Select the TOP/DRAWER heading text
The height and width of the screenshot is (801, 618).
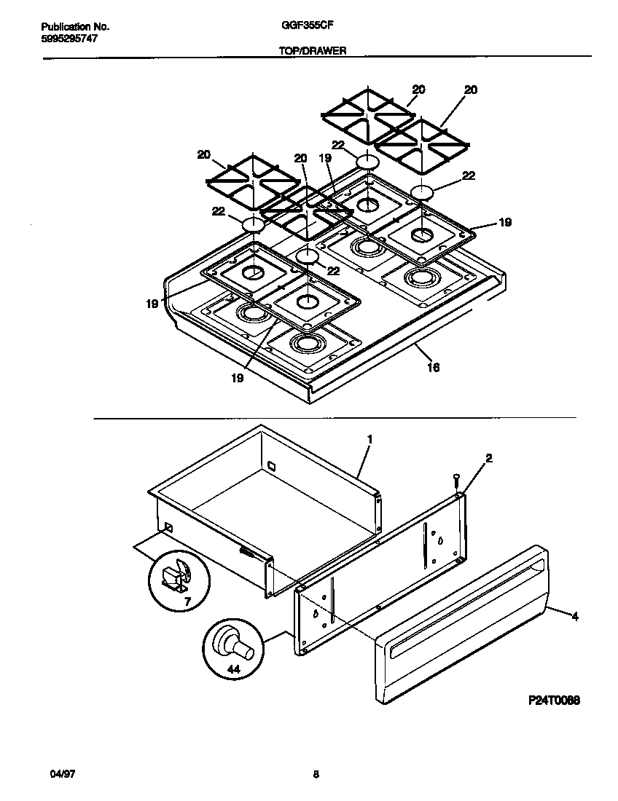(311, 51)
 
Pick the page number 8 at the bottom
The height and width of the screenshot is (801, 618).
(316, 774)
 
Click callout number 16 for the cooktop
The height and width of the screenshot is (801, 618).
(433, 368)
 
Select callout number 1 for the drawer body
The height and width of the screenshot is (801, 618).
(369, 439)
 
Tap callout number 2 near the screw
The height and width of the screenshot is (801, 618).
(488, 458)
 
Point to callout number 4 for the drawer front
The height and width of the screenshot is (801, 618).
(575, 617)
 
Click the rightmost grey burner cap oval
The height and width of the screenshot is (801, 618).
(422, 192)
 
